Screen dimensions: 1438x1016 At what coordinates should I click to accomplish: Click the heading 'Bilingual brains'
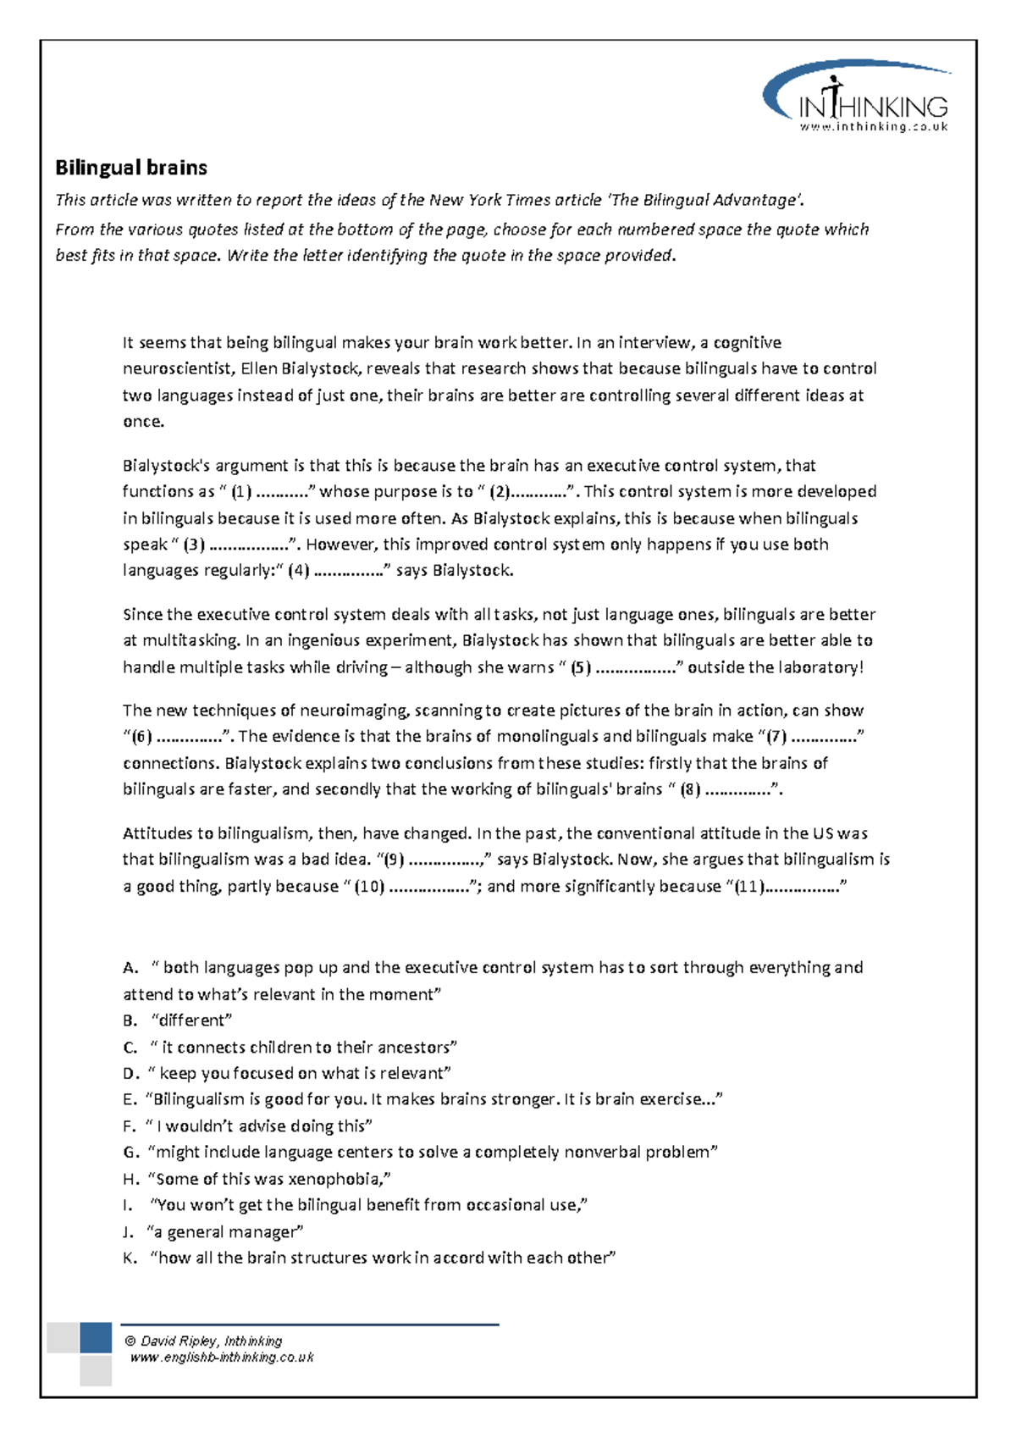(131, 168)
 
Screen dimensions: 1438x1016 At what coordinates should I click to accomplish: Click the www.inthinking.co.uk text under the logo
(874, 127)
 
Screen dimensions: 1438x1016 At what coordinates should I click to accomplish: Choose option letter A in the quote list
(129, 968)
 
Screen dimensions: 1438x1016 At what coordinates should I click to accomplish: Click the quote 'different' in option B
(191, 1020)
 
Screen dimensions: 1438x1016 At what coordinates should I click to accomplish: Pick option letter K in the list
(129, 1258)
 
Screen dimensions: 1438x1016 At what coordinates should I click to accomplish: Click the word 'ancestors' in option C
(412, 1048)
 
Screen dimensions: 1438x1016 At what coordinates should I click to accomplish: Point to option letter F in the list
(129, 1126)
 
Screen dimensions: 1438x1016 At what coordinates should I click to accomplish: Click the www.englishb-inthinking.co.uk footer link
(221, 1357)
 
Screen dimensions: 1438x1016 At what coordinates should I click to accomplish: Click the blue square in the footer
(96, 1338)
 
